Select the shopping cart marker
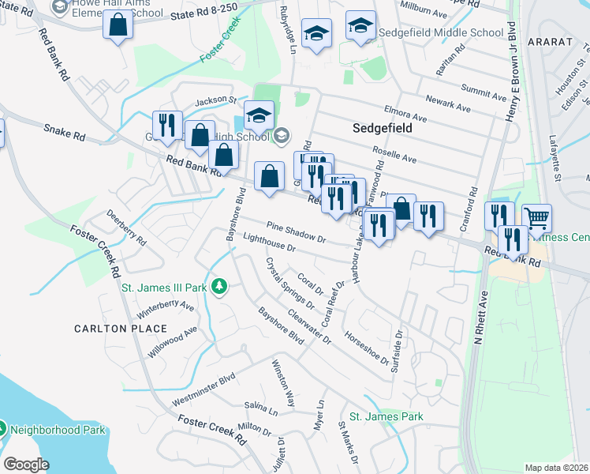coord(536,217)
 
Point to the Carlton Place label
coord(121,329)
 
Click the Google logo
coord(26,465)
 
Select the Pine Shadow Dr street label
coord(296,232)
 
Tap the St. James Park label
coord(386,416)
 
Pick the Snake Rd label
coord(64,132)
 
